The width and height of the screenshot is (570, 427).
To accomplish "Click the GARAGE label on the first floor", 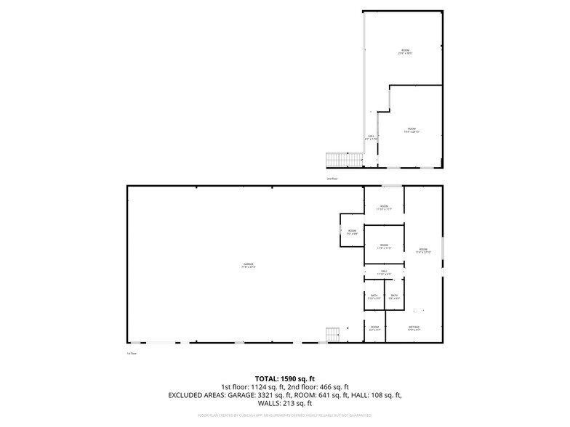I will (249, 265).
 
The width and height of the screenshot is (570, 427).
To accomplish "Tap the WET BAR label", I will (414, 328).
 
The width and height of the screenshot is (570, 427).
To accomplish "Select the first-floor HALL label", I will (384, 273).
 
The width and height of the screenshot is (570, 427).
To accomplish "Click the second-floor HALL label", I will (371, 137).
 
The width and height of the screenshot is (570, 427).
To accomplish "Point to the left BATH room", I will (374, 297).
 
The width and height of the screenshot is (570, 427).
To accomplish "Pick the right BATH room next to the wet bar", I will (394, 297).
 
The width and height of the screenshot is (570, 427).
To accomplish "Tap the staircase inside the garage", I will (333, 335).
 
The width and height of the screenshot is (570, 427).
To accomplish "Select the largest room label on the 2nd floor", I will (405, 52).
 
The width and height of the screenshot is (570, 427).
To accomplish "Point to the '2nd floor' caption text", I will (332, 178).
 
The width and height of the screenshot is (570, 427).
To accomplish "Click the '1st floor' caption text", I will (132, 354).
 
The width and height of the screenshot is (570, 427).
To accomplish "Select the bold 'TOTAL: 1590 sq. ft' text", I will (284, 378).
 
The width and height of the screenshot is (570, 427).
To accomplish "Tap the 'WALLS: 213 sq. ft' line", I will (284, 403).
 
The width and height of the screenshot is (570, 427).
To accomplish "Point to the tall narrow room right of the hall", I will (423, 251).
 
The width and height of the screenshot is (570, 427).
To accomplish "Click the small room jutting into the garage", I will (352, 233).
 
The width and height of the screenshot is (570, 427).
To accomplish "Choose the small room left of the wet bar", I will (374, 328).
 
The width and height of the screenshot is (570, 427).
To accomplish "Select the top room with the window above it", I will (383, 207).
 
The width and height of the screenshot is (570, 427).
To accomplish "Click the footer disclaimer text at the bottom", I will (284, 415).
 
